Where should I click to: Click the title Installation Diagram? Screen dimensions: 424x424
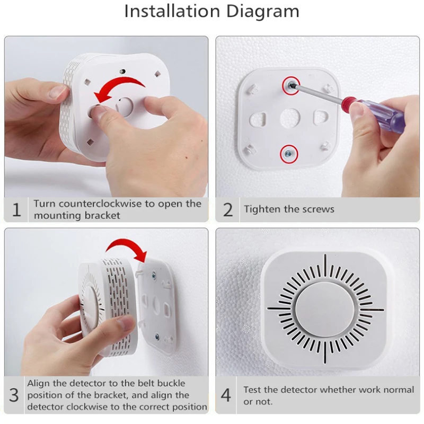211,11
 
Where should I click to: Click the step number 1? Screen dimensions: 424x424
16,210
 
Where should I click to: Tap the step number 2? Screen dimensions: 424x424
228,210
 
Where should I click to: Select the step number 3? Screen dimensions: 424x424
14,395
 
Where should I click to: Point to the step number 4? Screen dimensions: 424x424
226,395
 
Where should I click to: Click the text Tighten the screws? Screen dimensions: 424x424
289,209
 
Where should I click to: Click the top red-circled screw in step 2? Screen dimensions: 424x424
289,84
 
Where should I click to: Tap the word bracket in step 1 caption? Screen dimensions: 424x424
104,215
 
